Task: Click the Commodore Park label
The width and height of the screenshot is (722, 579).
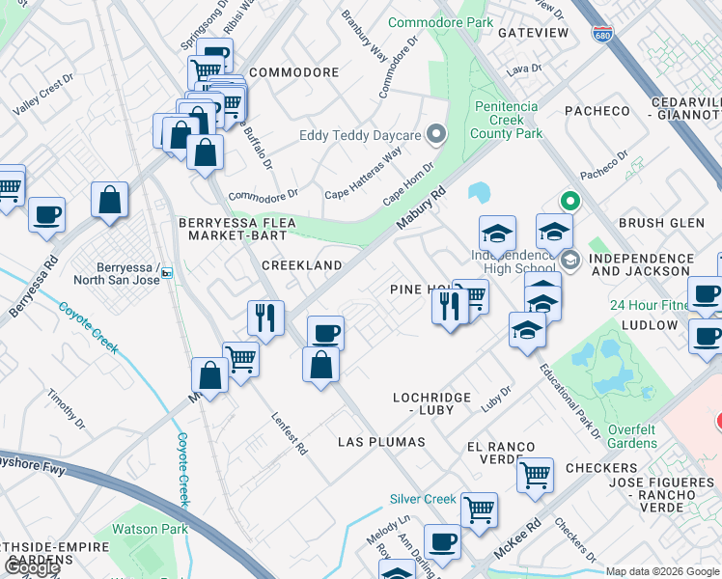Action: tap(440, 22)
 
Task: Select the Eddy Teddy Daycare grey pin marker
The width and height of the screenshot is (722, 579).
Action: tap(436, 134)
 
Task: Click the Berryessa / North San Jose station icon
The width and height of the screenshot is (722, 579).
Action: tap(166, 273)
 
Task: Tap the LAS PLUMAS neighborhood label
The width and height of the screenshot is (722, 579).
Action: tap(381, 442)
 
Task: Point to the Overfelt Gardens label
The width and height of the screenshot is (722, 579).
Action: tap(646, 436)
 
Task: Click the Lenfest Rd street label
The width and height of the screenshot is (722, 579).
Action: tap(289, 434)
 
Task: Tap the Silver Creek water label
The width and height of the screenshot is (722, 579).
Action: tap(423, 499)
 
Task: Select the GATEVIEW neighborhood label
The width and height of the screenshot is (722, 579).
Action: tap(533, 32)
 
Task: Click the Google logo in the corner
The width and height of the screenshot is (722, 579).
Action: tap(32, 567)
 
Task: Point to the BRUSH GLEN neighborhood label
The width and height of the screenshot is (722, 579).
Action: tap(661, 223)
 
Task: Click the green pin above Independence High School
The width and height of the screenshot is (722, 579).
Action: tap(569, 202)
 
